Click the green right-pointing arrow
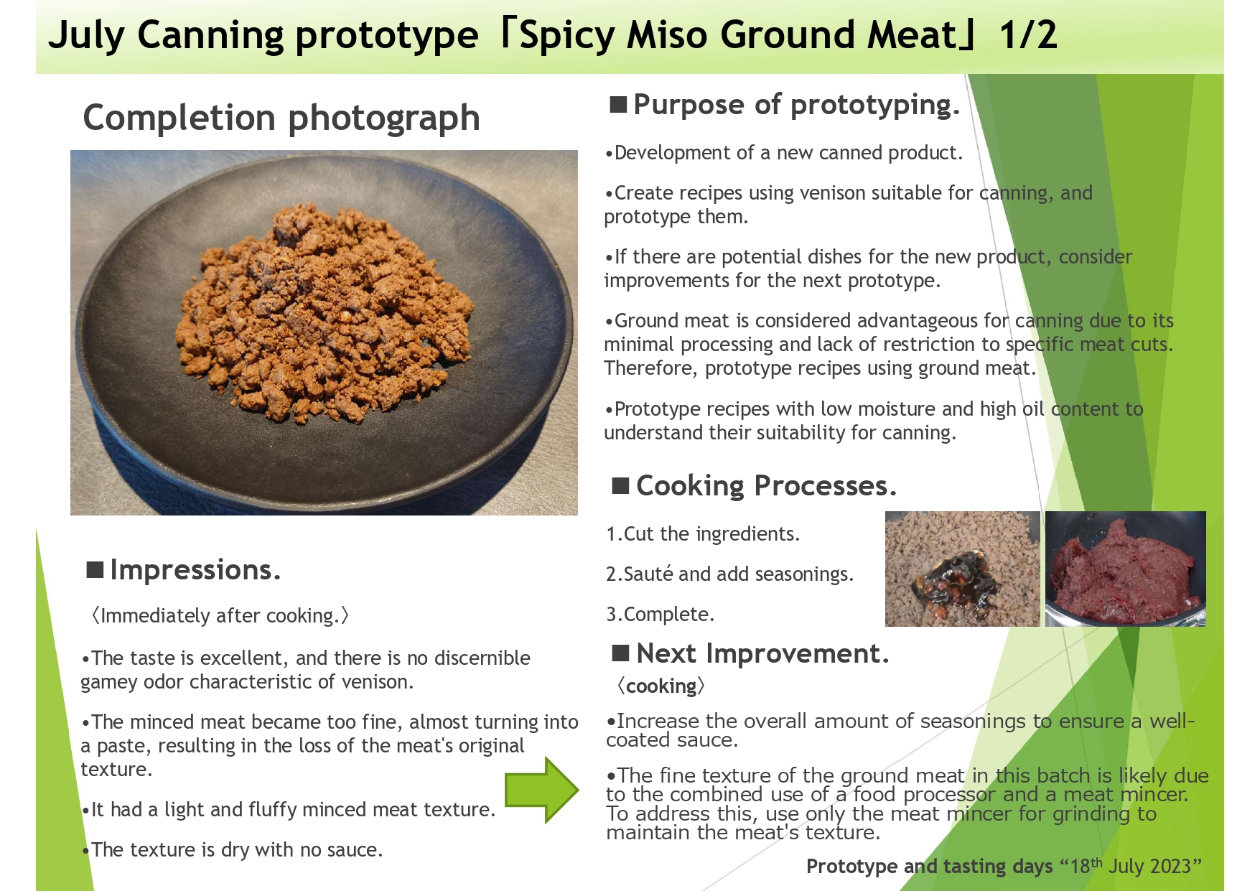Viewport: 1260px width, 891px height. [x=542, y=789]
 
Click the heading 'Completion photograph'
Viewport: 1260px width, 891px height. [x=281, y=118]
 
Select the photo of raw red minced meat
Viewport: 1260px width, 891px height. [x=1125, y=569]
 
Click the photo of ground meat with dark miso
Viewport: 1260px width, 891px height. [x=962, y=569]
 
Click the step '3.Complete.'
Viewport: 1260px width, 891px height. [x=661, y=615]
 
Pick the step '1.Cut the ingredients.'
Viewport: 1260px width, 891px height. [x=703, y=534]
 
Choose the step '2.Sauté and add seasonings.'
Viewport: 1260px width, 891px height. [x=729, y=574]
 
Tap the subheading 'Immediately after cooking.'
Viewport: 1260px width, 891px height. [x=219, y=616]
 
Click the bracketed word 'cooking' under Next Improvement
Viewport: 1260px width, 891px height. [x=661, y=686]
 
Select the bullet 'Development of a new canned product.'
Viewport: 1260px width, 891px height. [x=783, y=153]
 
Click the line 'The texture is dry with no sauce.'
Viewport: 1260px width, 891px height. [x=232, y=850]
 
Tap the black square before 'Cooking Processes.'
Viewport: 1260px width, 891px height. [x=620, y=486]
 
